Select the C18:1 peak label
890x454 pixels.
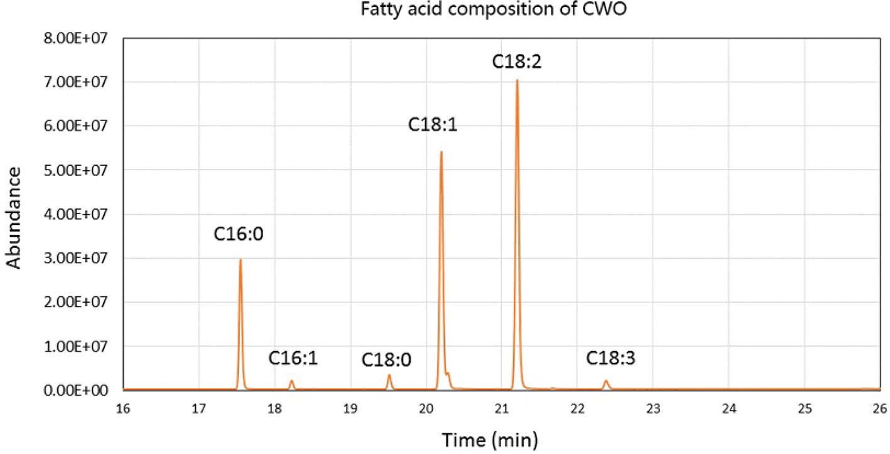coord(433,124)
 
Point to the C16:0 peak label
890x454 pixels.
coord(239,234)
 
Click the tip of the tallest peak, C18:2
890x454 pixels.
coord(517,80)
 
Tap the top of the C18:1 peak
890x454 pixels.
coord(441,152)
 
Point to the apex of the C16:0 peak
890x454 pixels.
coord(240,259)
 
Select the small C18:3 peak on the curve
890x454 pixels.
coord(606,381)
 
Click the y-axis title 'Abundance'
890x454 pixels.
coord(14,217)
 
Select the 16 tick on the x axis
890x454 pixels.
coord(123,409)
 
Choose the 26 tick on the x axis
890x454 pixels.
coord(880,409)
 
